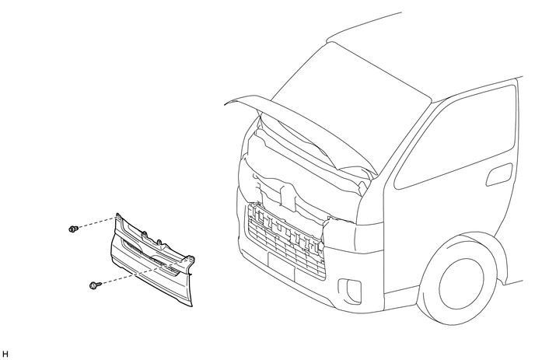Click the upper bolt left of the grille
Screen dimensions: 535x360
pos(73,229)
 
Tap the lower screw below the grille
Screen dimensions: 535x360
pos(94,286)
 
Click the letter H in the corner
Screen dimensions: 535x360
pos(5,354)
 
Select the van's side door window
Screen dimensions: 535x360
pos(459,140)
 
